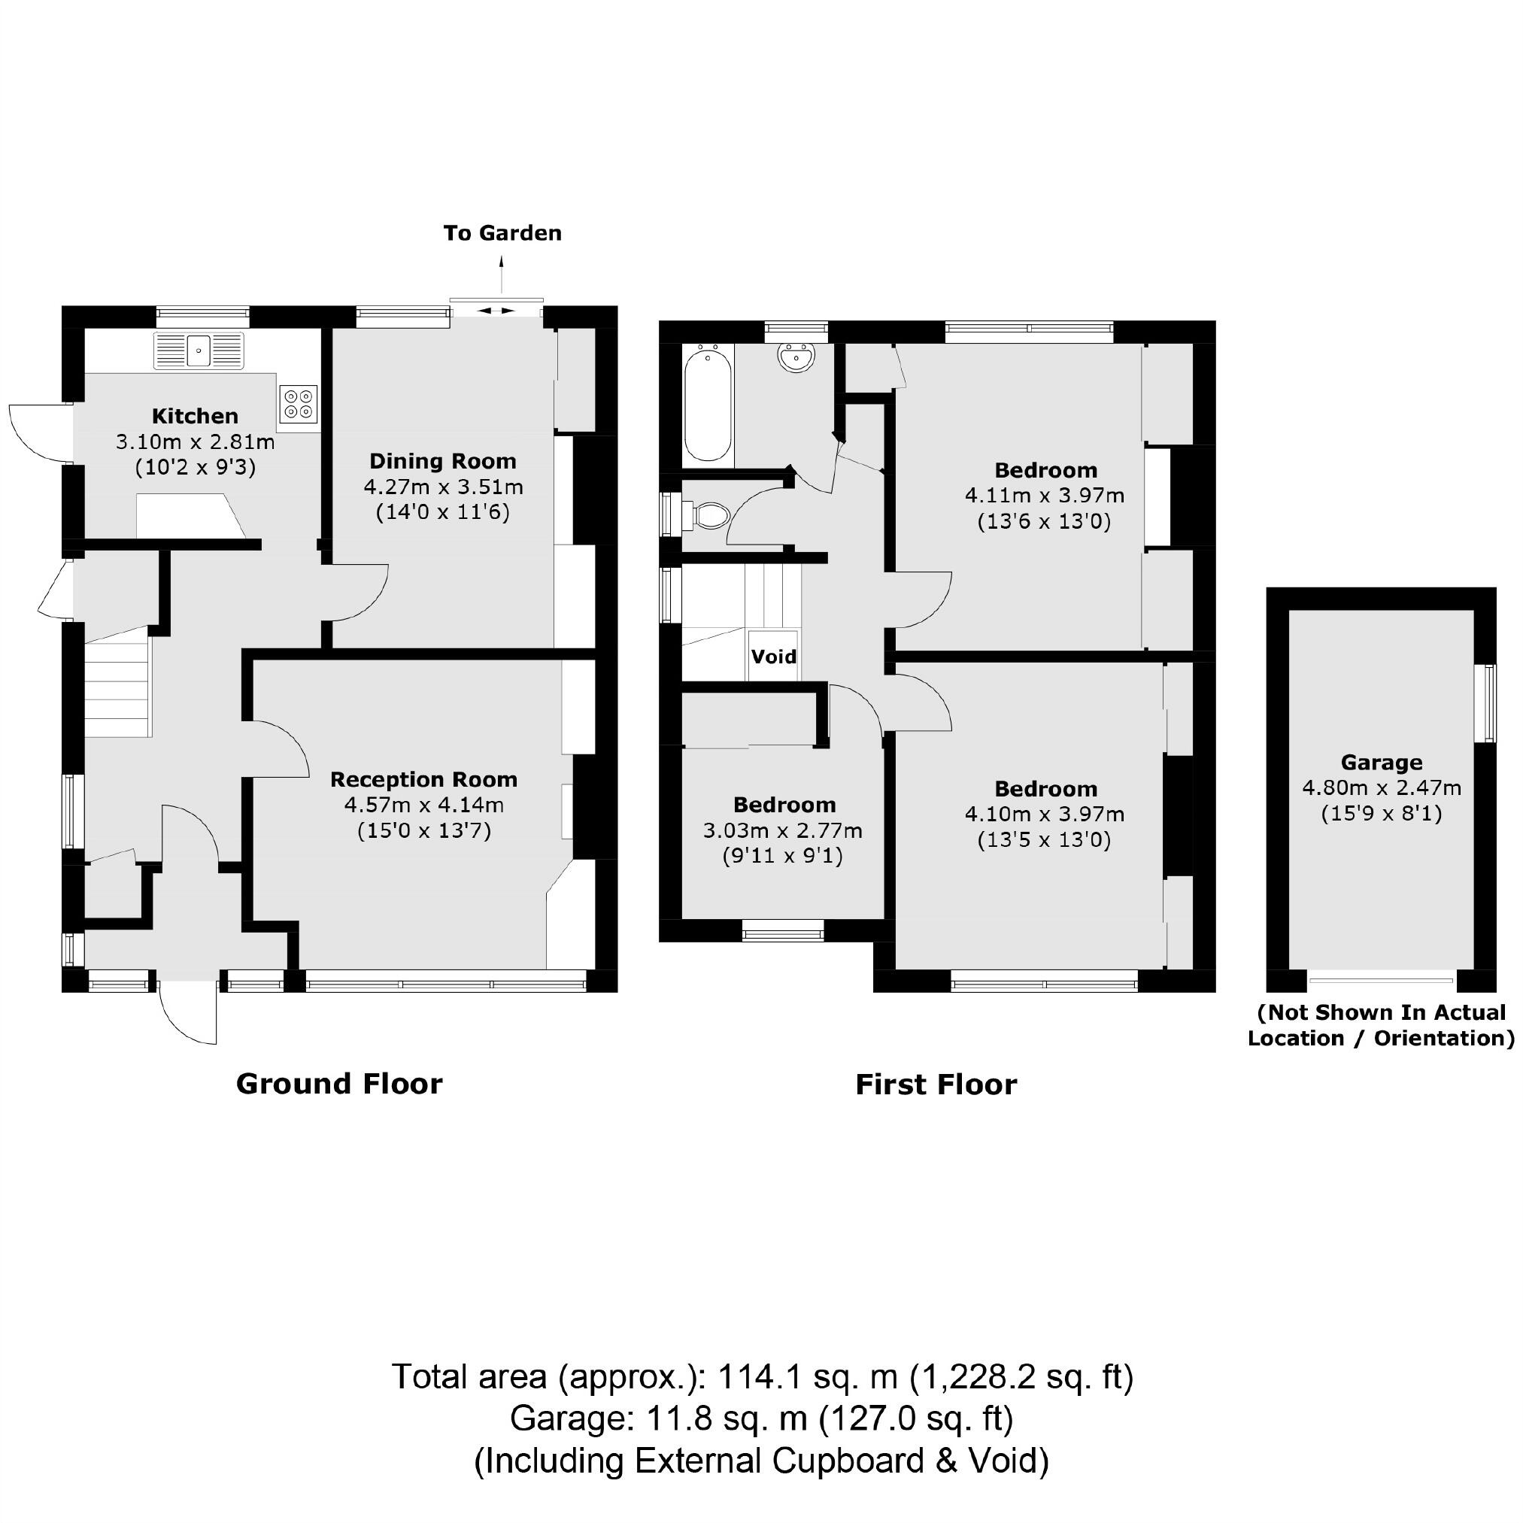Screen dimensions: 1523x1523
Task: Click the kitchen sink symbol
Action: coord(199,349)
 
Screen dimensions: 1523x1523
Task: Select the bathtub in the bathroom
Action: coord(707,406)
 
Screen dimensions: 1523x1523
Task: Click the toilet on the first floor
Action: coord(710,517)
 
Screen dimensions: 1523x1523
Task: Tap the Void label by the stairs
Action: coord(773,657)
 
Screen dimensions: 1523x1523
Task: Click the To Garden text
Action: coord(502,233)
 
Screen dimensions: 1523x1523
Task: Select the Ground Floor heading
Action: coord(339,1084)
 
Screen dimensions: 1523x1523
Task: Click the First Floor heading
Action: coord(936,1085)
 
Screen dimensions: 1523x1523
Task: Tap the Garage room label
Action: coord(1381,763)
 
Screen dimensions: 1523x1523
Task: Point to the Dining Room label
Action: coord(442,461)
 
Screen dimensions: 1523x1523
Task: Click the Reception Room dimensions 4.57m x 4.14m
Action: coord(423,805)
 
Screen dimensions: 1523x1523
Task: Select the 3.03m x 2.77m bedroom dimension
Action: coord(782,830)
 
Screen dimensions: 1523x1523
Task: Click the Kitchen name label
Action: coord(195,416)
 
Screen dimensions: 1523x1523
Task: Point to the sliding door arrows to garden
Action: coord(496,311)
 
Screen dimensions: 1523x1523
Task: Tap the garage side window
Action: coord(1488,703)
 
